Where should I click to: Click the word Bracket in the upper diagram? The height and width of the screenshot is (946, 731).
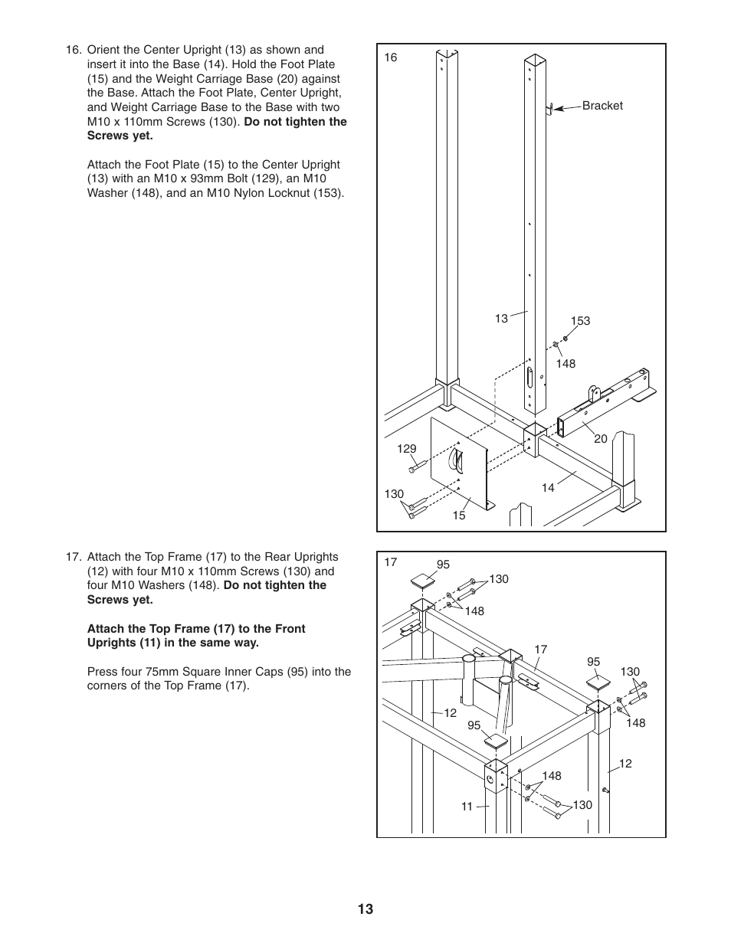coord(602,106)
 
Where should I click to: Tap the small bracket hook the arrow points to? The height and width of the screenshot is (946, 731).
coord(549,109)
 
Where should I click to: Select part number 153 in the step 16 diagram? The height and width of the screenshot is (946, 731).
coord(580,321)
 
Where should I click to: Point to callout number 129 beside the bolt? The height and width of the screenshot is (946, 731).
coord(406,449)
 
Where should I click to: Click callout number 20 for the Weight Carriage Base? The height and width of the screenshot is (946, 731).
coord(600,439)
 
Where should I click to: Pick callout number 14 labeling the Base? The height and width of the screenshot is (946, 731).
coord(548,488)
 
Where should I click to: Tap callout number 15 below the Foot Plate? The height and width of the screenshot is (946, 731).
coord(458,516)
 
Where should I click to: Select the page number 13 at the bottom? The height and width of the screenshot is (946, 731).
coord(365,909)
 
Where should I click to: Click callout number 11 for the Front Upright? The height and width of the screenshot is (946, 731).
coord(467,806)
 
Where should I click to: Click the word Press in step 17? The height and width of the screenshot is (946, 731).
coord(103,672)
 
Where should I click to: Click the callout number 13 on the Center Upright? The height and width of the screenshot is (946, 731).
coord(501,319)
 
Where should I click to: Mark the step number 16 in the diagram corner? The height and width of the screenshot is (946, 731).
coord(391,57)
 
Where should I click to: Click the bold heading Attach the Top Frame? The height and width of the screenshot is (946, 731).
coord(196,629)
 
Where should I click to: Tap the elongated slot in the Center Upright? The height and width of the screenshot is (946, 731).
coord(529,379)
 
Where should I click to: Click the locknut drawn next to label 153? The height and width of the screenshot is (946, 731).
coord(565,338)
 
